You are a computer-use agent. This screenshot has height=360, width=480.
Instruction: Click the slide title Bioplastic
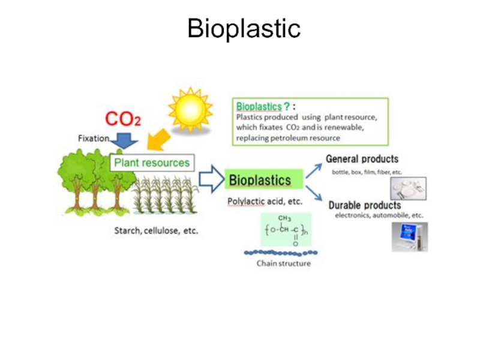pos(243,28)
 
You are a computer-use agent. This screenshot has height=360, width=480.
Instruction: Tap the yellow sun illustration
pos(190,110)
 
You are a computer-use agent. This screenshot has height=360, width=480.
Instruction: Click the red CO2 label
pos(123,119)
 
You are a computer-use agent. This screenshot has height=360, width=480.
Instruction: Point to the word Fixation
pos(94,138)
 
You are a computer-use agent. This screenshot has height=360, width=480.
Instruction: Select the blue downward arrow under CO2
pos(125,141)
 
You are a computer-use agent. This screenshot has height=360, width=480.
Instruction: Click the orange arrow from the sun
pos(158,141)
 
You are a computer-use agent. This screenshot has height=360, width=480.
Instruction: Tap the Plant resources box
pos(152,163)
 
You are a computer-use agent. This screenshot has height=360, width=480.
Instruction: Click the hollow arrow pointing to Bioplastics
pos(211,179)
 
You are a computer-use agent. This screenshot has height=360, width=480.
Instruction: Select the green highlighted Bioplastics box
pos(260,179)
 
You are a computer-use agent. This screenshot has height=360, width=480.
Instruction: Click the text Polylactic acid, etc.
pos(265,202)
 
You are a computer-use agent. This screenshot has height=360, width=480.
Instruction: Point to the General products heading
pos(362,159)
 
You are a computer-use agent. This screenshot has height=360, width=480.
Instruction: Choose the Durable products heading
pos(365,205)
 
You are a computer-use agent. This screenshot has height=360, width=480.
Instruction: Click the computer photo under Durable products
pos(409,236)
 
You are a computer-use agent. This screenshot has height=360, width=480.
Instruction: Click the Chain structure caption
pos(284,263)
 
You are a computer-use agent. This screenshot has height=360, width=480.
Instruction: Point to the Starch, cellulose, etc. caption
pos(156,230)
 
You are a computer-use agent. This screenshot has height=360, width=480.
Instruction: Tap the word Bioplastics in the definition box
pos(259,107)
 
